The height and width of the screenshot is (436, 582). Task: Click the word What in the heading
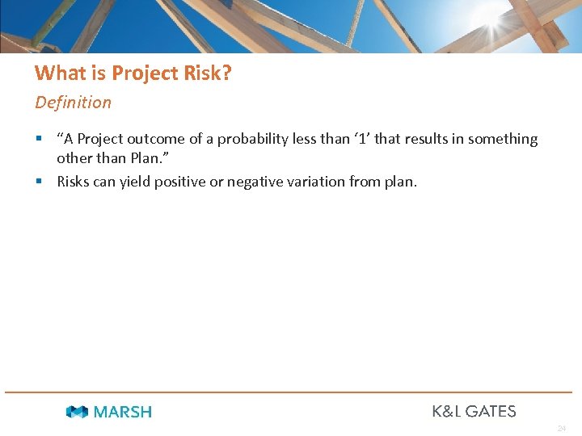pos(54,73)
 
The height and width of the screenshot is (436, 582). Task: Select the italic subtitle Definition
pos(74,103)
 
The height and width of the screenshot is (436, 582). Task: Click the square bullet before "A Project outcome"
pos(38,139)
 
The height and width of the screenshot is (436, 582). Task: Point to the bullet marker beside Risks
pos(38,182)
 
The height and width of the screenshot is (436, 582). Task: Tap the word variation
pos(317,182)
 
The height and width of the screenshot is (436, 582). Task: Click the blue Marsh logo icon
pos(77,412)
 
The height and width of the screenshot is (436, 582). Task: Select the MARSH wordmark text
pos(122,412)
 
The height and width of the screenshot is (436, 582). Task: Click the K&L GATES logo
pos(474,411)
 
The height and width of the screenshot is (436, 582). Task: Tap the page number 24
pos(561,429)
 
